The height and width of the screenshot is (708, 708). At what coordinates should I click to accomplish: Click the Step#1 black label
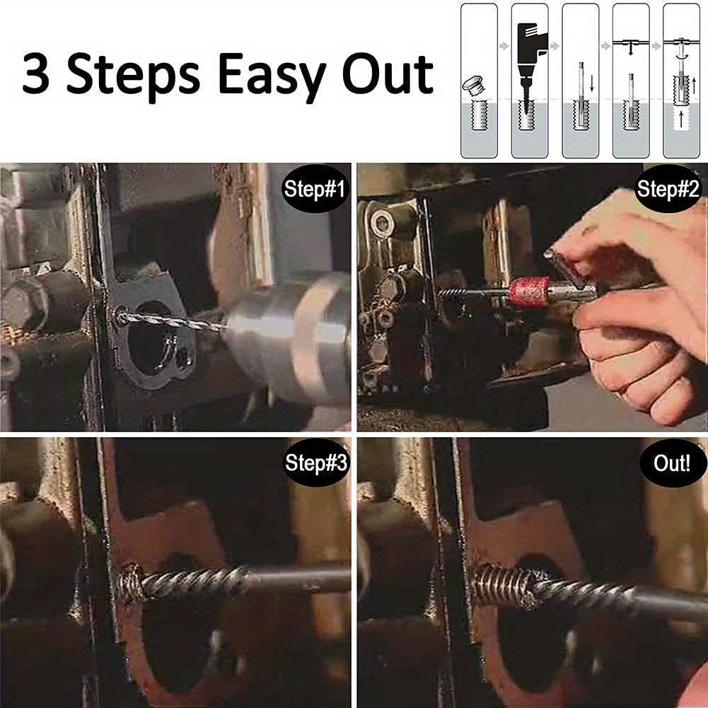click(x=314, y=189)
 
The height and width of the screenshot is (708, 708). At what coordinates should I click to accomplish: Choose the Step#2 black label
click(x=668, y=189)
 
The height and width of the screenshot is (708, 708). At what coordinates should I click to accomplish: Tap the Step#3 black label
click(x=315, y=463)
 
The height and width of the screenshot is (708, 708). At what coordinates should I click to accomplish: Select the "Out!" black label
click(x=671, y=463)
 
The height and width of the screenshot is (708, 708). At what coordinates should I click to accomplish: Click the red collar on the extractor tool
click(x=528, y=291)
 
